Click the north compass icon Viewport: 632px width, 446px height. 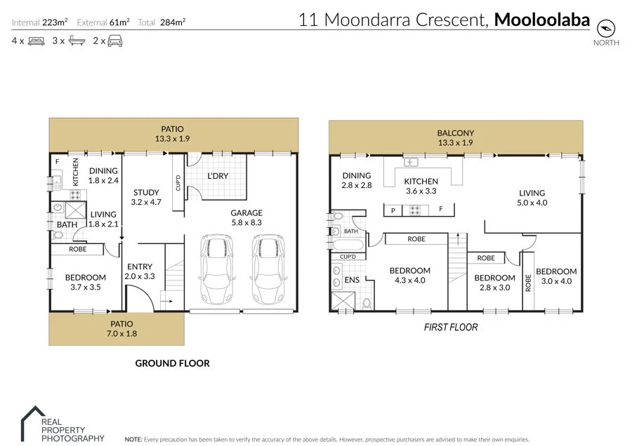tap(605, 28)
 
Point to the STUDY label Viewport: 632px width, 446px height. tap(146, 192)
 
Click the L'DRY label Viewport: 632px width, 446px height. tap(217, 176)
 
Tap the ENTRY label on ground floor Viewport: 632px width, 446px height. tap(140, 266)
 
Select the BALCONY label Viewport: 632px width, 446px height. tap(456, 133)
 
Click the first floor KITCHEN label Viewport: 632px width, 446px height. tap(421, 182)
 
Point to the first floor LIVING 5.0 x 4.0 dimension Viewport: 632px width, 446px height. tap(532, 203)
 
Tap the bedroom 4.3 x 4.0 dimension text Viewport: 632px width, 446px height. tap(409, 281)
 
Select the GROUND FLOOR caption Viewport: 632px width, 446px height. tap(172, 363)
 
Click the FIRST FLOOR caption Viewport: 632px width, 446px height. tap(451, 327)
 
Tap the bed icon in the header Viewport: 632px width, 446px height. tap(37, 41)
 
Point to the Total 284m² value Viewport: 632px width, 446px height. tap(172, 22)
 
